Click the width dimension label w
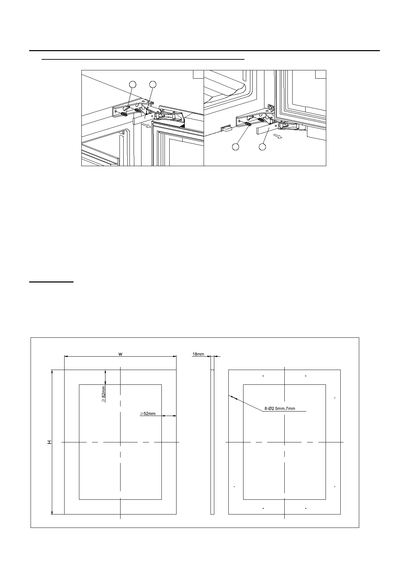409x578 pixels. click(x=120, y=354)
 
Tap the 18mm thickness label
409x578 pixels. click(x=198, y=354)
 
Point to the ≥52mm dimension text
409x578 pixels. click(x=148, y=414)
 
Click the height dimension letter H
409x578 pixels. click(x=50, y=442)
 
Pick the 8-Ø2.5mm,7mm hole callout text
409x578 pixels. click(x=280, y=409)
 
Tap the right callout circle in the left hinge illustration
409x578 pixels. click(x=153, y=84)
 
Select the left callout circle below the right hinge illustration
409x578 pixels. click(x=236, y=147)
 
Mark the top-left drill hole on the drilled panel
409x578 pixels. click(x=263, y=376)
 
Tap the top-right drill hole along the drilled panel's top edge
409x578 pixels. click(x=306, y=376)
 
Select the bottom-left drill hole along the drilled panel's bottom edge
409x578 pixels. click(x=263, y=508)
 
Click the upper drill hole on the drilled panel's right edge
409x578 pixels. click(x=334, y=398)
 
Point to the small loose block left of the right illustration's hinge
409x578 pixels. click(x=226, y=129)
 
